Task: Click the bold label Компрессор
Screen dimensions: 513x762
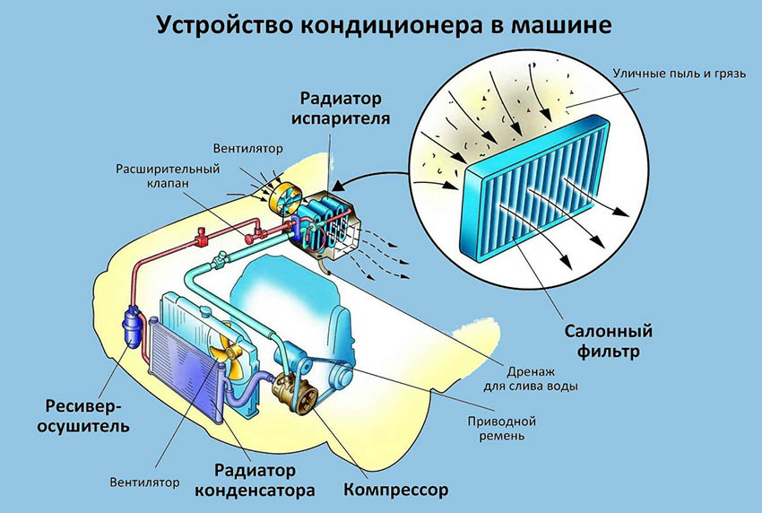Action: click(395, 491)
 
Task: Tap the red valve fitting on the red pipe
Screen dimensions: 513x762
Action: click(202, 239)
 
